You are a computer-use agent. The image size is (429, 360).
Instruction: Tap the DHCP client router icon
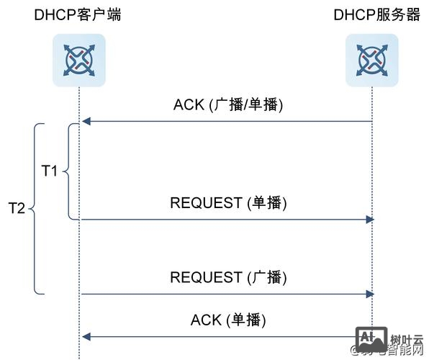[x=79, y=60]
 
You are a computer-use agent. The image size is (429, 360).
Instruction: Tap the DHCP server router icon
[x=371, y=60]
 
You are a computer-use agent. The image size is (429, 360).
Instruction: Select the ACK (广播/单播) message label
[x=228, y=104]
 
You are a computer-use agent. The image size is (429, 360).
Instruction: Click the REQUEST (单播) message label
[x=228, y=203]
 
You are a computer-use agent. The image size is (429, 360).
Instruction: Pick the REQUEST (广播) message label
[x=228, y=277]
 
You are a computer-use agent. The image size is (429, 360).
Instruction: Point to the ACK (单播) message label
[x=228, y=320]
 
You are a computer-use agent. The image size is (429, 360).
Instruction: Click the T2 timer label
[x=17, y=208]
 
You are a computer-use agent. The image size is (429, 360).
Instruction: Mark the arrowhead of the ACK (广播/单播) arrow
[x=85, y=122]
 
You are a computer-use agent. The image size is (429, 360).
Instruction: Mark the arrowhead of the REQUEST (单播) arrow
[x=369, y=219]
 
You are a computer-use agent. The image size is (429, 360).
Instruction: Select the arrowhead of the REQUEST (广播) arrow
[x=369, y=294]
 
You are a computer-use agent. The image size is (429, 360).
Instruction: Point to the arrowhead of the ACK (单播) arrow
[x=85, y=336]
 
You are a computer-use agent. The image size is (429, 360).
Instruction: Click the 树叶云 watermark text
[x=406, y=339]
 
